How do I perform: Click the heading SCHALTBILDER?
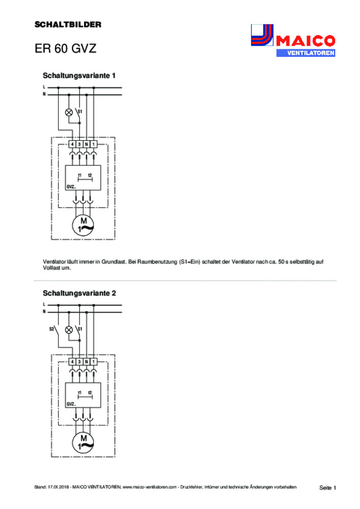click(68, 24)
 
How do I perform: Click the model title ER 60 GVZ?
click(65, 48)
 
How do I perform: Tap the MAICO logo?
click(293, 41)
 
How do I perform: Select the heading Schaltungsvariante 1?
click(79, 76)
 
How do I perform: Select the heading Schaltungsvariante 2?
click(79, 293)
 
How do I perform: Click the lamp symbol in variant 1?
click(69, 112)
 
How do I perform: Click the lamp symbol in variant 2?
click(69, 330)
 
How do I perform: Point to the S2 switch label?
click(51, 329)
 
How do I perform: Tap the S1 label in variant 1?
click(80, 111)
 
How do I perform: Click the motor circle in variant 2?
click(83, 443)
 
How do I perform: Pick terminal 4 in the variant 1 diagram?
click(72, 144)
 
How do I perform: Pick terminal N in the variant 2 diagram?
click(87, 361)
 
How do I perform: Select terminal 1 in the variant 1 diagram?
click(94, 144)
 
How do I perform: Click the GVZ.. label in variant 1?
click(71, 187)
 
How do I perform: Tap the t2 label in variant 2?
click(90, 393)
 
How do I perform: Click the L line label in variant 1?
click(44, 87)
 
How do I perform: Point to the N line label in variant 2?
click(44, 312)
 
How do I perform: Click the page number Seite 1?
click(327, 488)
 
